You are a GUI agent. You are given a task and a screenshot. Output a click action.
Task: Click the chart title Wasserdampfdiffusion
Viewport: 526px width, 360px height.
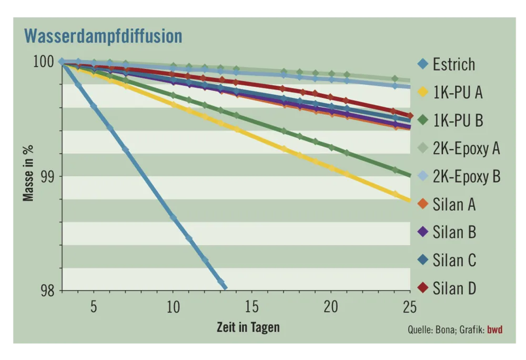pyautogui.click(x=103, y=36)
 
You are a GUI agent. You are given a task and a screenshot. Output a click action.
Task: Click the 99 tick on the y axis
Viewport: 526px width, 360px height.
pyautogui.click(x=46, y=176)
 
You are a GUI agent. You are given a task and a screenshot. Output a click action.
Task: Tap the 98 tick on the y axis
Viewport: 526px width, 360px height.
pyautogui.click(x=46, y=291)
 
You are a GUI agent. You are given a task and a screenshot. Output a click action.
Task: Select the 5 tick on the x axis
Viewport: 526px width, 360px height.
pyautogui.click(x=94, y=307)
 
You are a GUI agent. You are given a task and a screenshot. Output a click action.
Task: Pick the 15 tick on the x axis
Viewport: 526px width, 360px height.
pyautogui.click(x=251, y=307)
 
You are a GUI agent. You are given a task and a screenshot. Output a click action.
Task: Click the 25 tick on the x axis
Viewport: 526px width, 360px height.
pyautogui.click(x=409, y=307)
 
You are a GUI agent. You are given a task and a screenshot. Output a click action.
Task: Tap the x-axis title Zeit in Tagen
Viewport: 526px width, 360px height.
pyautogui.click(x=248, y=327)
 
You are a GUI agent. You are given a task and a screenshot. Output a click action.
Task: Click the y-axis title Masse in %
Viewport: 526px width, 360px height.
pyautogui.click(x=28, y=176)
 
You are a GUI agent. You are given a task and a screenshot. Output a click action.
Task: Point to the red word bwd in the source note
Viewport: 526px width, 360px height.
pyautogui.click(x=495, y=330)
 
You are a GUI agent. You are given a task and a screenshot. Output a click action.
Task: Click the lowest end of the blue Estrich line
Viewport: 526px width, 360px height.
pyautogui.click(x=225, y=287)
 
